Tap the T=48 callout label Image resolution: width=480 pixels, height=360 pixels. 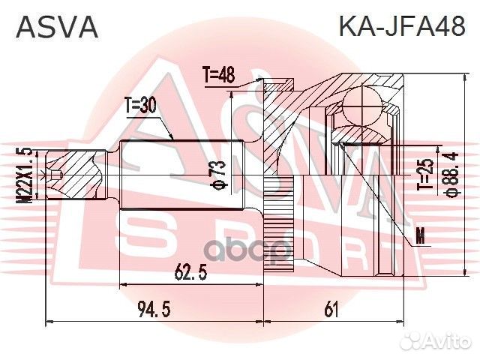[x=218, y=75]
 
